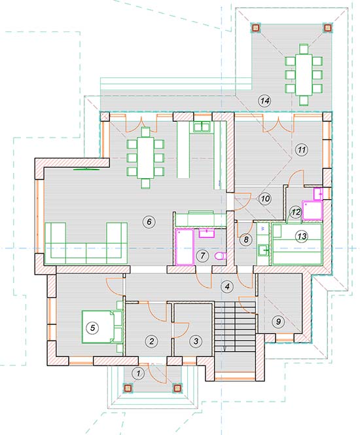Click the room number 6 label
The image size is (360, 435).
coord(149,221)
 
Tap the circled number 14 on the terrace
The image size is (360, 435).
coord(264,101)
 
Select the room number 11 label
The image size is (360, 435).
coord(301,149)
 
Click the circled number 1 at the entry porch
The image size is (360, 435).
coord(139,373)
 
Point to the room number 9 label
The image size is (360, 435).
coord(278,321)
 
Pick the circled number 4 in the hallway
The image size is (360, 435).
coord(227,286)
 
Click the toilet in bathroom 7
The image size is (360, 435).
coord(221,255)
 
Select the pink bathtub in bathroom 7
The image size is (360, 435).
coord(185,246)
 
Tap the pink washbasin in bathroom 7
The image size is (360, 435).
coord(206,233)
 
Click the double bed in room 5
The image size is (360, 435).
coord(102,327)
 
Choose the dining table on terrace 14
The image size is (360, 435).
coord(304,74)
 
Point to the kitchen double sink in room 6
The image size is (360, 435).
coord(202,127)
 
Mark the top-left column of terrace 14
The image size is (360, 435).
coord(255,28)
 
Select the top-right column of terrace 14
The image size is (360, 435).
coord(327,28)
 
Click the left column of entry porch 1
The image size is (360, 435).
coord(128,388)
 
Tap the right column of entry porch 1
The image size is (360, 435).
coord(177,388)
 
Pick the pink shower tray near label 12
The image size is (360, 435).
coord(312,210)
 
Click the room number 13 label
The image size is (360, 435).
coord(302,236)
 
